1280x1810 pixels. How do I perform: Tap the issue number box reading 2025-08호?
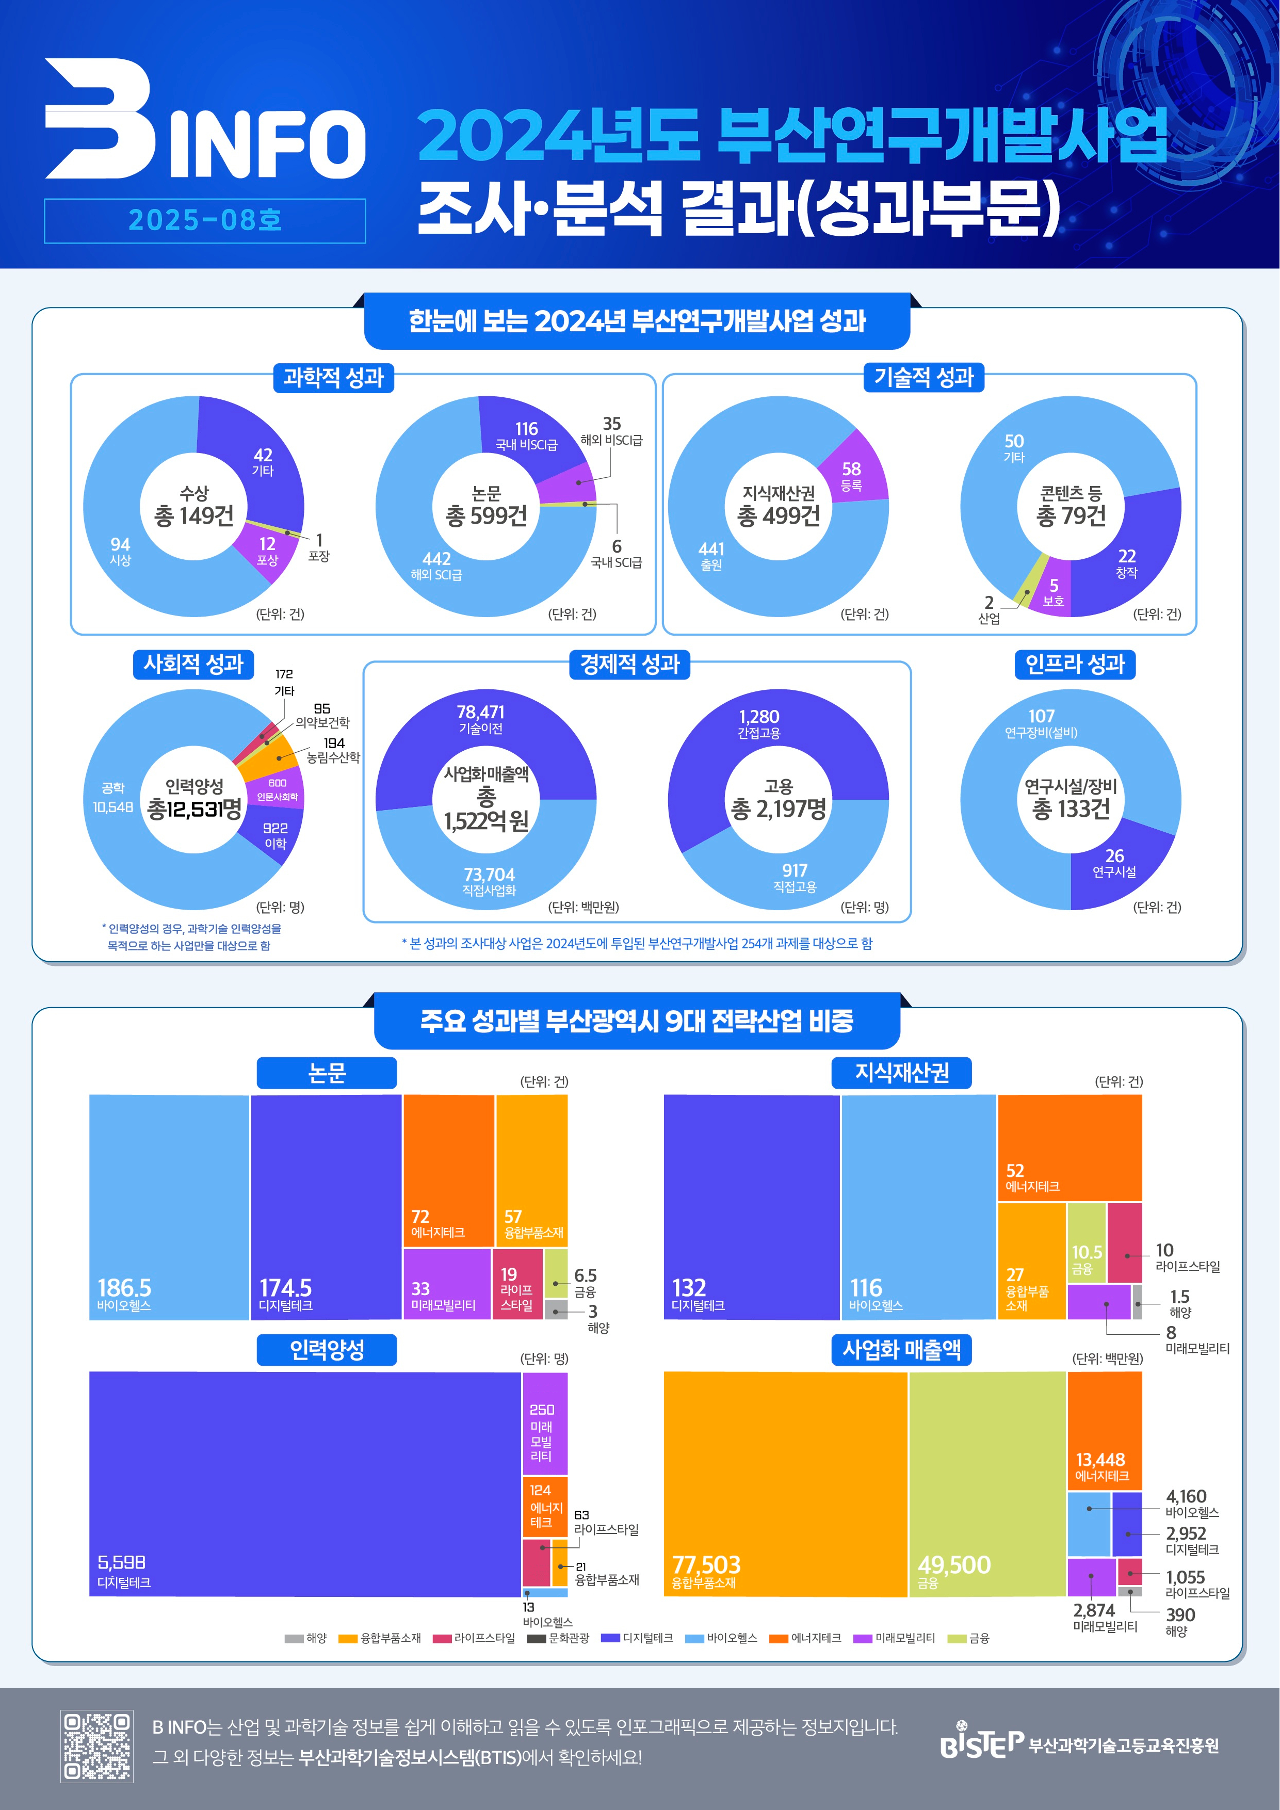click(x=205, y=221)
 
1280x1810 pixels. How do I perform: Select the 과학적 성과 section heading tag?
click(x=333, y=378)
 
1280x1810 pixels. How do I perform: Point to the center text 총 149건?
click(x=194, y=515)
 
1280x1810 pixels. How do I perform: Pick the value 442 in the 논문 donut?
click(x=436, y=559)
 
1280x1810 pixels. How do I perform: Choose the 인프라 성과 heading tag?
click(x=1075, y=664)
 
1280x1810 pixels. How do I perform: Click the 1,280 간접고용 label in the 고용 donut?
click(x=759, y=722)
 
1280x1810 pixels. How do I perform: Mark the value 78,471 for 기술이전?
click(x=481, y=713)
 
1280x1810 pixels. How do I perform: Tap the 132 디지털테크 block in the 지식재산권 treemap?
click(x=751, y=1206)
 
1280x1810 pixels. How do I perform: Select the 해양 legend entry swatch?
click(x=294, y=1639)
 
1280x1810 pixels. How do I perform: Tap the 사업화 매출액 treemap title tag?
click(x=902, y=1350)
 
